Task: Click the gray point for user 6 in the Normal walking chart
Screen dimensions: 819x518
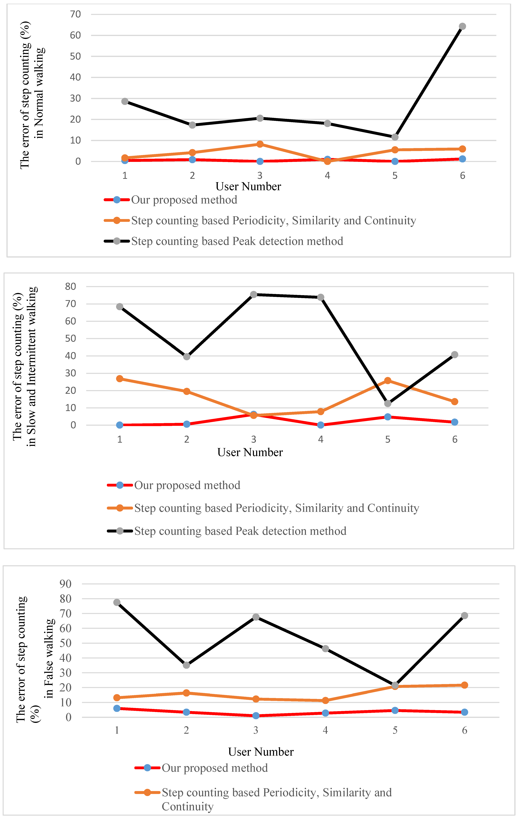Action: (462, 26)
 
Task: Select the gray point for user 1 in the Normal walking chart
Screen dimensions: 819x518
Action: (125, 101)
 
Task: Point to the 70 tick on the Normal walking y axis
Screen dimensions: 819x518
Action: (76, 14)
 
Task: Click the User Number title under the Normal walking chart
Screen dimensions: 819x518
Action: (248, 186)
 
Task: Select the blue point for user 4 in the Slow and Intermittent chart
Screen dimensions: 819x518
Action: (320, 425)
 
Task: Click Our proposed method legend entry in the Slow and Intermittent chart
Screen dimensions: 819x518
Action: (187, 485)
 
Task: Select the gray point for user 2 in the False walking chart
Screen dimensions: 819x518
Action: (186, 665)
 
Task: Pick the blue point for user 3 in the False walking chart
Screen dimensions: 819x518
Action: (256, 716)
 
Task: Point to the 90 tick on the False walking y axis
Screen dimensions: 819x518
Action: (66, 584)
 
